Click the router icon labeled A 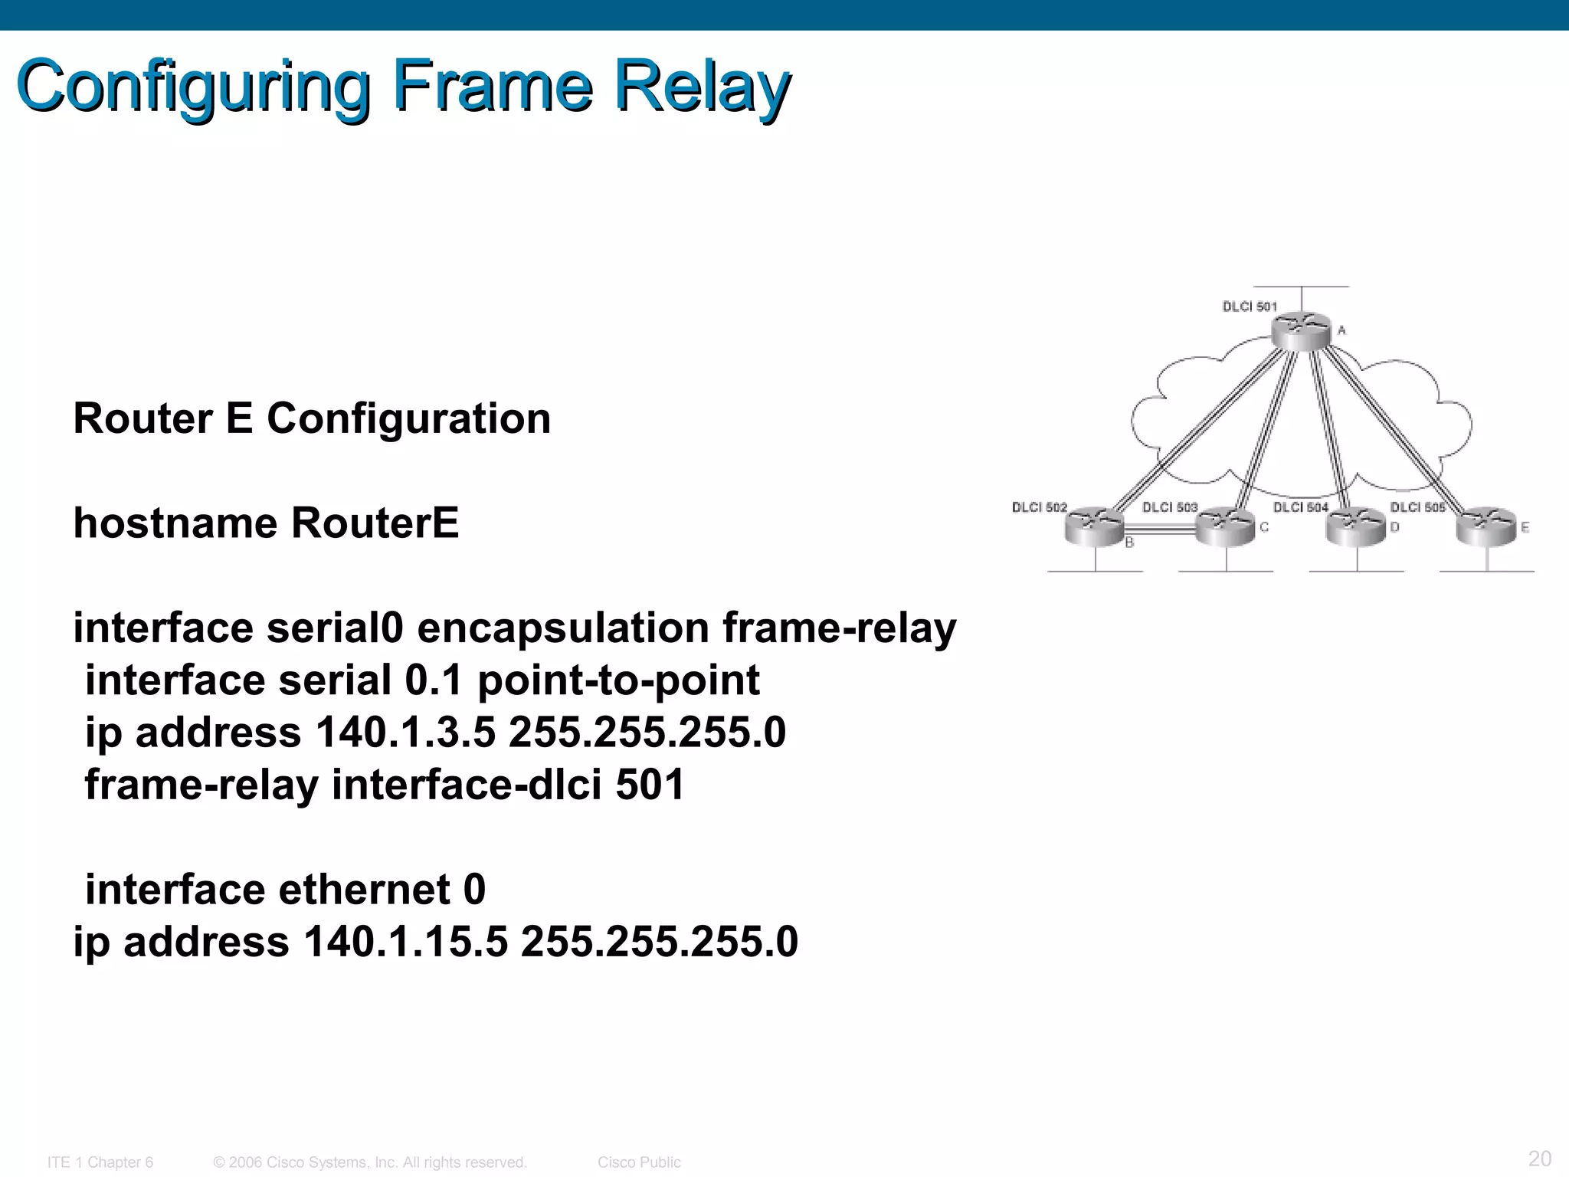click(1300, 331)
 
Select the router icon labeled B click(1094, 527)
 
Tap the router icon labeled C click(1226, 527)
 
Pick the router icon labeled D click(1356, 527)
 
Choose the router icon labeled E click(1486, 527)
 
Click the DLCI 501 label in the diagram click(1250, 307)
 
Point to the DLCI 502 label click(1039, 507)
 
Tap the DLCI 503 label click(1170, 507)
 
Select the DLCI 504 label click(1300, 507)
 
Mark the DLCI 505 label click(1417, 507)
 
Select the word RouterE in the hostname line click(375, 523)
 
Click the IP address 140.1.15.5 click(405, 941)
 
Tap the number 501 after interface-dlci click(650, 785)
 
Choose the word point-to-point click(618, 680)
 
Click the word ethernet click(364, 890)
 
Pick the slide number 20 click(1539, 1158)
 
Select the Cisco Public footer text click(639, 1162)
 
